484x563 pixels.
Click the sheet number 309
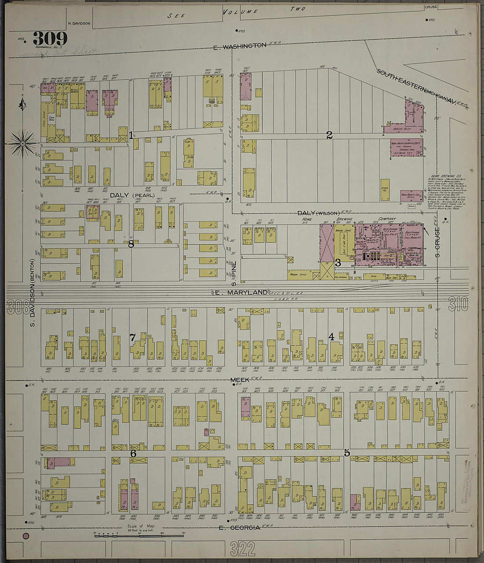tap(50, 39)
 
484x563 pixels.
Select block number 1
tap(131, 135)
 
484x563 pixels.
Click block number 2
tap(329, 135)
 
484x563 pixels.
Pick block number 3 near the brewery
tap(338, 263)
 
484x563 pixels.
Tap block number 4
tap(331, 337)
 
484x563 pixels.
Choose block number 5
tap(347, 453)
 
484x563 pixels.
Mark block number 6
tap(133, 453)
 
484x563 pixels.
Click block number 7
tap(132, 338)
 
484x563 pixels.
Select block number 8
tap(131, 244)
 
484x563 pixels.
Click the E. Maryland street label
tap(242, 292)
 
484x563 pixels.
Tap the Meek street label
tap(239, 379)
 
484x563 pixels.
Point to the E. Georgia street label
tap(240, 527)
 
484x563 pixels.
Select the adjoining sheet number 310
tap(458, 304)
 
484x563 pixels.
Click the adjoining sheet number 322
tap(242, 548)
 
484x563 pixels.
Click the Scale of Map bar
tap(139, 535)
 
